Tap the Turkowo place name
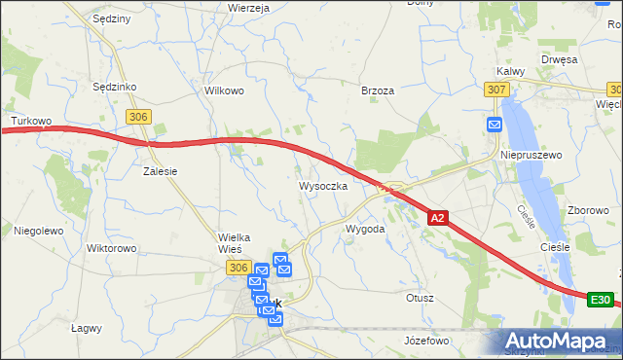30,122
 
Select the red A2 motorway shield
438,219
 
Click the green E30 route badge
601,300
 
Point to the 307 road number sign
496,90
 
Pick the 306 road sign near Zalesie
139,117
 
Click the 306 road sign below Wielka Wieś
238,267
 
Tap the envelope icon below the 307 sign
495,125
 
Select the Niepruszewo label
531,155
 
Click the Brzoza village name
378,90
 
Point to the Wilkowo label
223,90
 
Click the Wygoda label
366,229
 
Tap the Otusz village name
420,298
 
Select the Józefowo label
426,341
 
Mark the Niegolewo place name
38,231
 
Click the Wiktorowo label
111,248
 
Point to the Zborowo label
588,210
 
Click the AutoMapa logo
561,341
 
